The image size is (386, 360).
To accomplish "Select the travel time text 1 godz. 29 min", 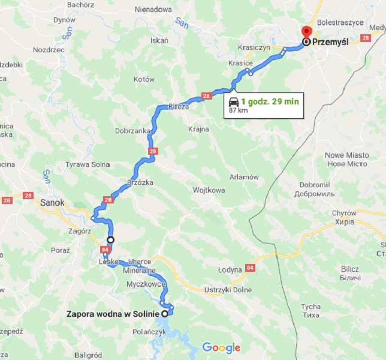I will (270, 101).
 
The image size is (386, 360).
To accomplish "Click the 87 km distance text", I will (238, 111).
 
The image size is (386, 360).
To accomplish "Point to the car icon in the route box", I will (234, 101).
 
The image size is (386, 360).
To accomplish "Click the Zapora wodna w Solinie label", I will (113, 314).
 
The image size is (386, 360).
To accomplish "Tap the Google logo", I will (221, 347).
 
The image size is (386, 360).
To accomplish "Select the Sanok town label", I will (52, 203).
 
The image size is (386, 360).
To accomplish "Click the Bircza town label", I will (179, 106).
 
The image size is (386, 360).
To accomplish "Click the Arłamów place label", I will (244, 177).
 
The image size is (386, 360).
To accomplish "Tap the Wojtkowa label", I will (209, 190).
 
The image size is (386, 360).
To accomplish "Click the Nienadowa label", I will (153, 10).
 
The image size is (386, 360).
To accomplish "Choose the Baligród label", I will (89, 355).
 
